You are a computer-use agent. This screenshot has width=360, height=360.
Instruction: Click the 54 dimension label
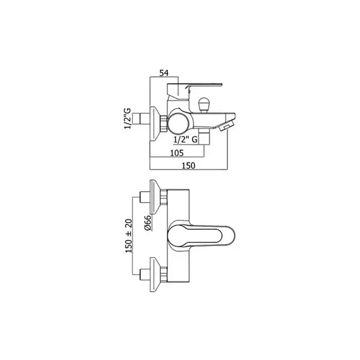point(164,73)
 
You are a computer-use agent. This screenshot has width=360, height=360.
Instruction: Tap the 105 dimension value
point(177,152)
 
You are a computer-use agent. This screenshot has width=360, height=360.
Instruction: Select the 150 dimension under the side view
point(188,166)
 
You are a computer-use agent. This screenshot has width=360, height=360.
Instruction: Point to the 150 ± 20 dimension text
point(129,236)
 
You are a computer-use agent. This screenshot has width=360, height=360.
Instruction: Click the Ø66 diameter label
point(148,223)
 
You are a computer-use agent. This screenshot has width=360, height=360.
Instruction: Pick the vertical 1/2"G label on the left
point(127,118)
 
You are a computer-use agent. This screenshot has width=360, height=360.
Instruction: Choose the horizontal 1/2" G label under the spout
point(185,139)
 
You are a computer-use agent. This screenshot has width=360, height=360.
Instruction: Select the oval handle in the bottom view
point(202,236)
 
